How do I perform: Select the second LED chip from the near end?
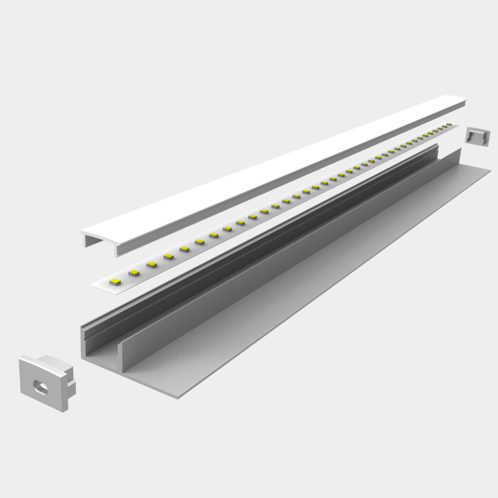point(134,273)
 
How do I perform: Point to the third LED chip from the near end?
point(152,265)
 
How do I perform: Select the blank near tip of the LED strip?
point(100,285)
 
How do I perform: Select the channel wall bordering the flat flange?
point(292,253)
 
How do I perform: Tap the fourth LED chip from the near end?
point(168,256)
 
